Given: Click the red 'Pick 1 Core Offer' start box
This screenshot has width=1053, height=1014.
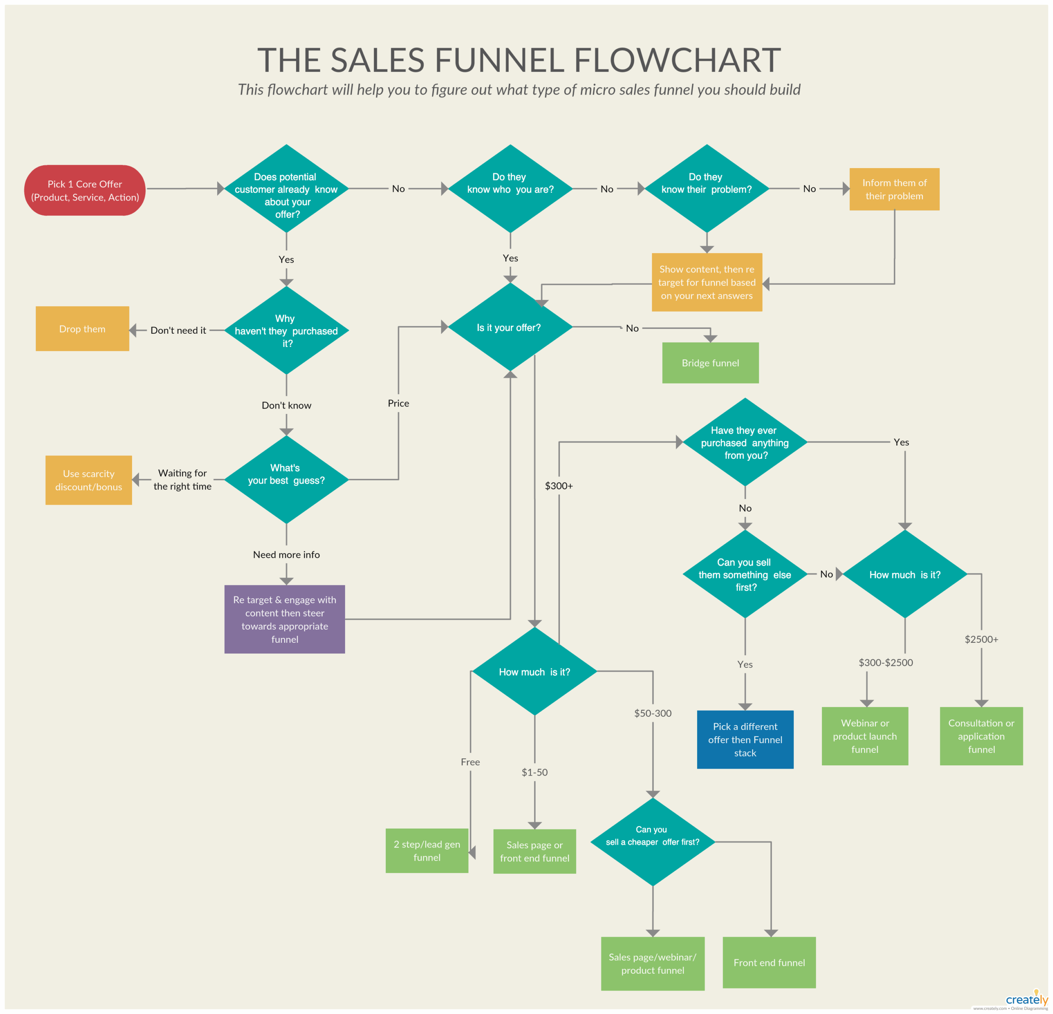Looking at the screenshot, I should (x=85, y=191).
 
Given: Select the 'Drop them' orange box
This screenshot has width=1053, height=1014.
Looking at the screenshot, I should (x=82, y=328).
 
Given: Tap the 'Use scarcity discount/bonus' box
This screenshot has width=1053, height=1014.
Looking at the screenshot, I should (x=89, y=480).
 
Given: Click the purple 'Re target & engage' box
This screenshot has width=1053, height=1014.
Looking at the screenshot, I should (x=284, y=619).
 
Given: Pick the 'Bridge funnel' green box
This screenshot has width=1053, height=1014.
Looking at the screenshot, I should (x=710, y=363).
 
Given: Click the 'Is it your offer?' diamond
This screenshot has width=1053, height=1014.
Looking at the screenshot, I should (x=509, y=328).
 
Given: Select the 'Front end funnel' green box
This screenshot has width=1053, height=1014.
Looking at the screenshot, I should (x=769, y=963).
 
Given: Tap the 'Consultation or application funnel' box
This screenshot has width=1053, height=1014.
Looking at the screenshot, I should (x=981, y=736).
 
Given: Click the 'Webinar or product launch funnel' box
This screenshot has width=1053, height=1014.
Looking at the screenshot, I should (x=865, y=736).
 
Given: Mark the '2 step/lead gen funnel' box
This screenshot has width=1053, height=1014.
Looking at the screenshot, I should (x=427, y=850).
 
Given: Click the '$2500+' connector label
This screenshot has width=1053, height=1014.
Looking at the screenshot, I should (x=981, y=639).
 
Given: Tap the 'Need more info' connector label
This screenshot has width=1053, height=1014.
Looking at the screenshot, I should (x=286, y=554).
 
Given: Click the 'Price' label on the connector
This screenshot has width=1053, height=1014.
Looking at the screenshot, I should (x=398, y=403).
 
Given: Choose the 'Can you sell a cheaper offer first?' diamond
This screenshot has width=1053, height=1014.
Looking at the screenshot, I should (x=652, y=842).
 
